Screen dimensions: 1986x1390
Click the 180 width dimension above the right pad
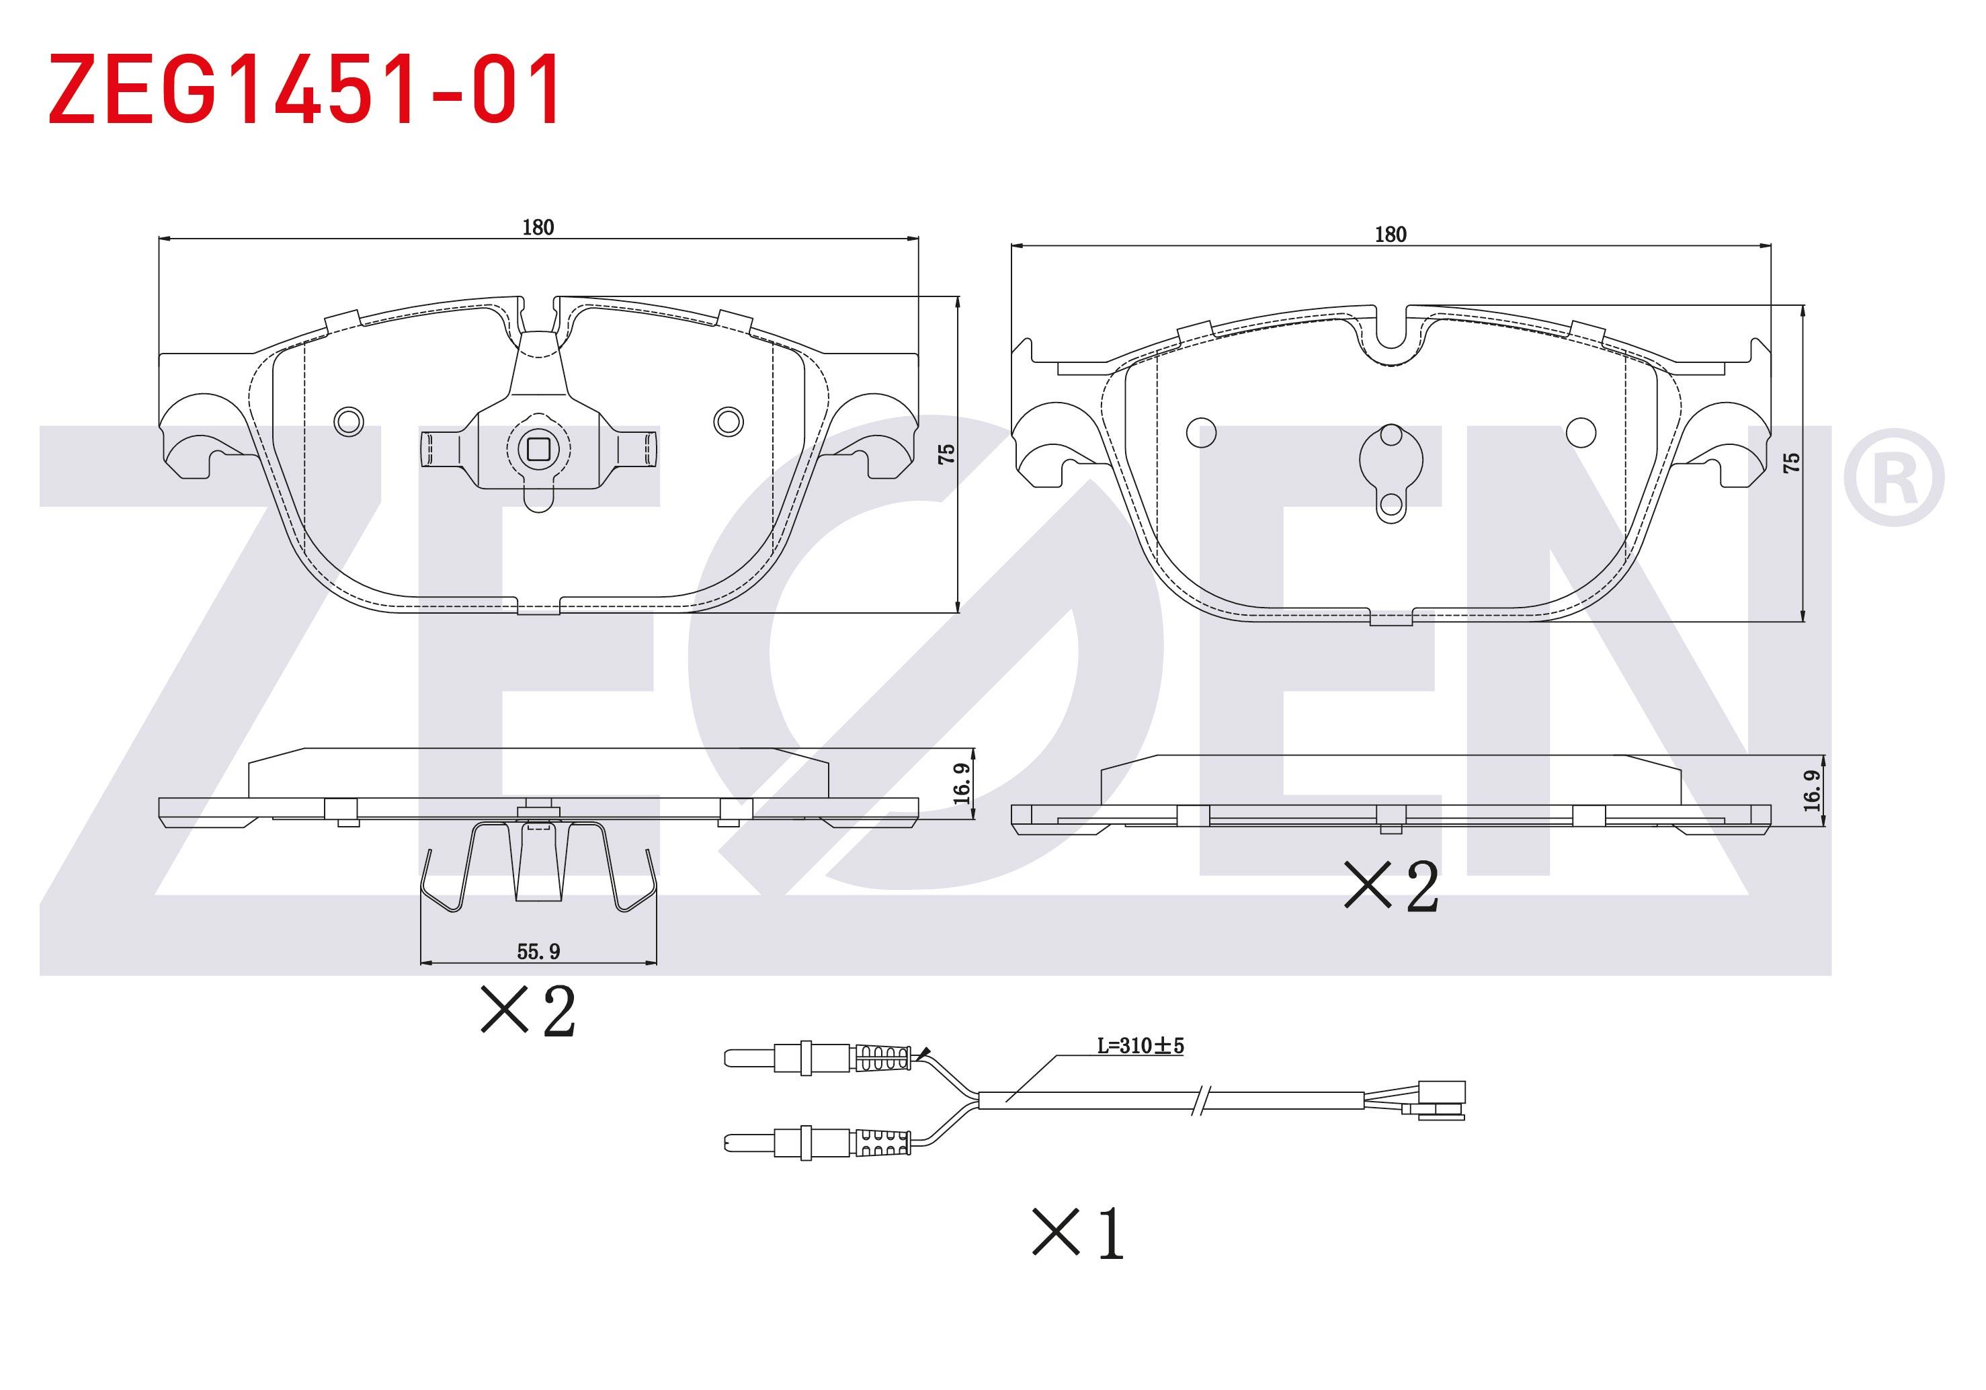tap(1390, 235)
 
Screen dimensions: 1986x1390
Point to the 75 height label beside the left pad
tap(947, 454)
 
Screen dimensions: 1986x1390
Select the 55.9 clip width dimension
tap(538, 952)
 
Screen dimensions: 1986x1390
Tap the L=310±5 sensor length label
tap(1140, 1046)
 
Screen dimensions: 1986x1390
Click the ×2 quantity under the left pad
tap(528, 1010)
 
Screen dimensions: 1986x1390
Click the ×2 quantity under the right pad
tap(1391, 886)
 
